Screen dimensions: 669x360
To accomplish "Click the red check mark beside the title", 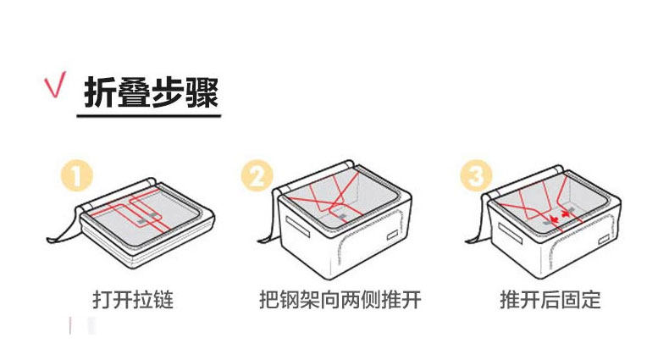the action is coord(56,88).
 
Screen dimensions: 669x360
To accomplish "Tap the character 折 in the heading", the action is coord(101,91).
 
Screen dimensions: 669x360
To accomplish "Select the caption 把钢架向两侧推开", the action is coord(340,300).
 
